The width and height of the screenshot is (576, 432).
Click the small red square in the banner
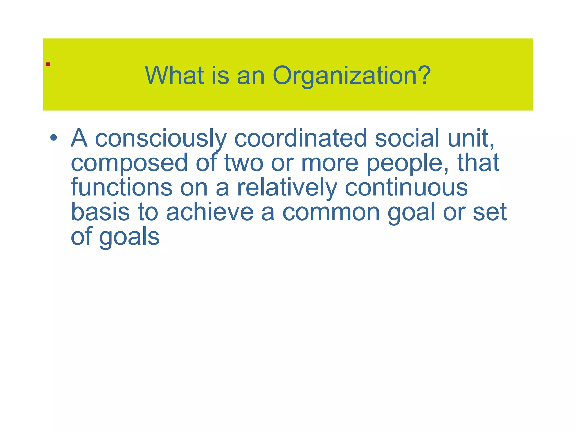pos(48,64)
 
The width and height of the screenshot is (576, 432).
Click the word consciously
pos(161,138)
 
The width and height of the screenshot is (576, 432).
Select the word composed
pos(129,163)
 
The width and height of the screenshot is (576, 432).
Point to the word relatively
pos(287,188)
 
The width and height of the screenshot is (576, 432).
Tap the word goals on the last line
pos(129,237)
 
